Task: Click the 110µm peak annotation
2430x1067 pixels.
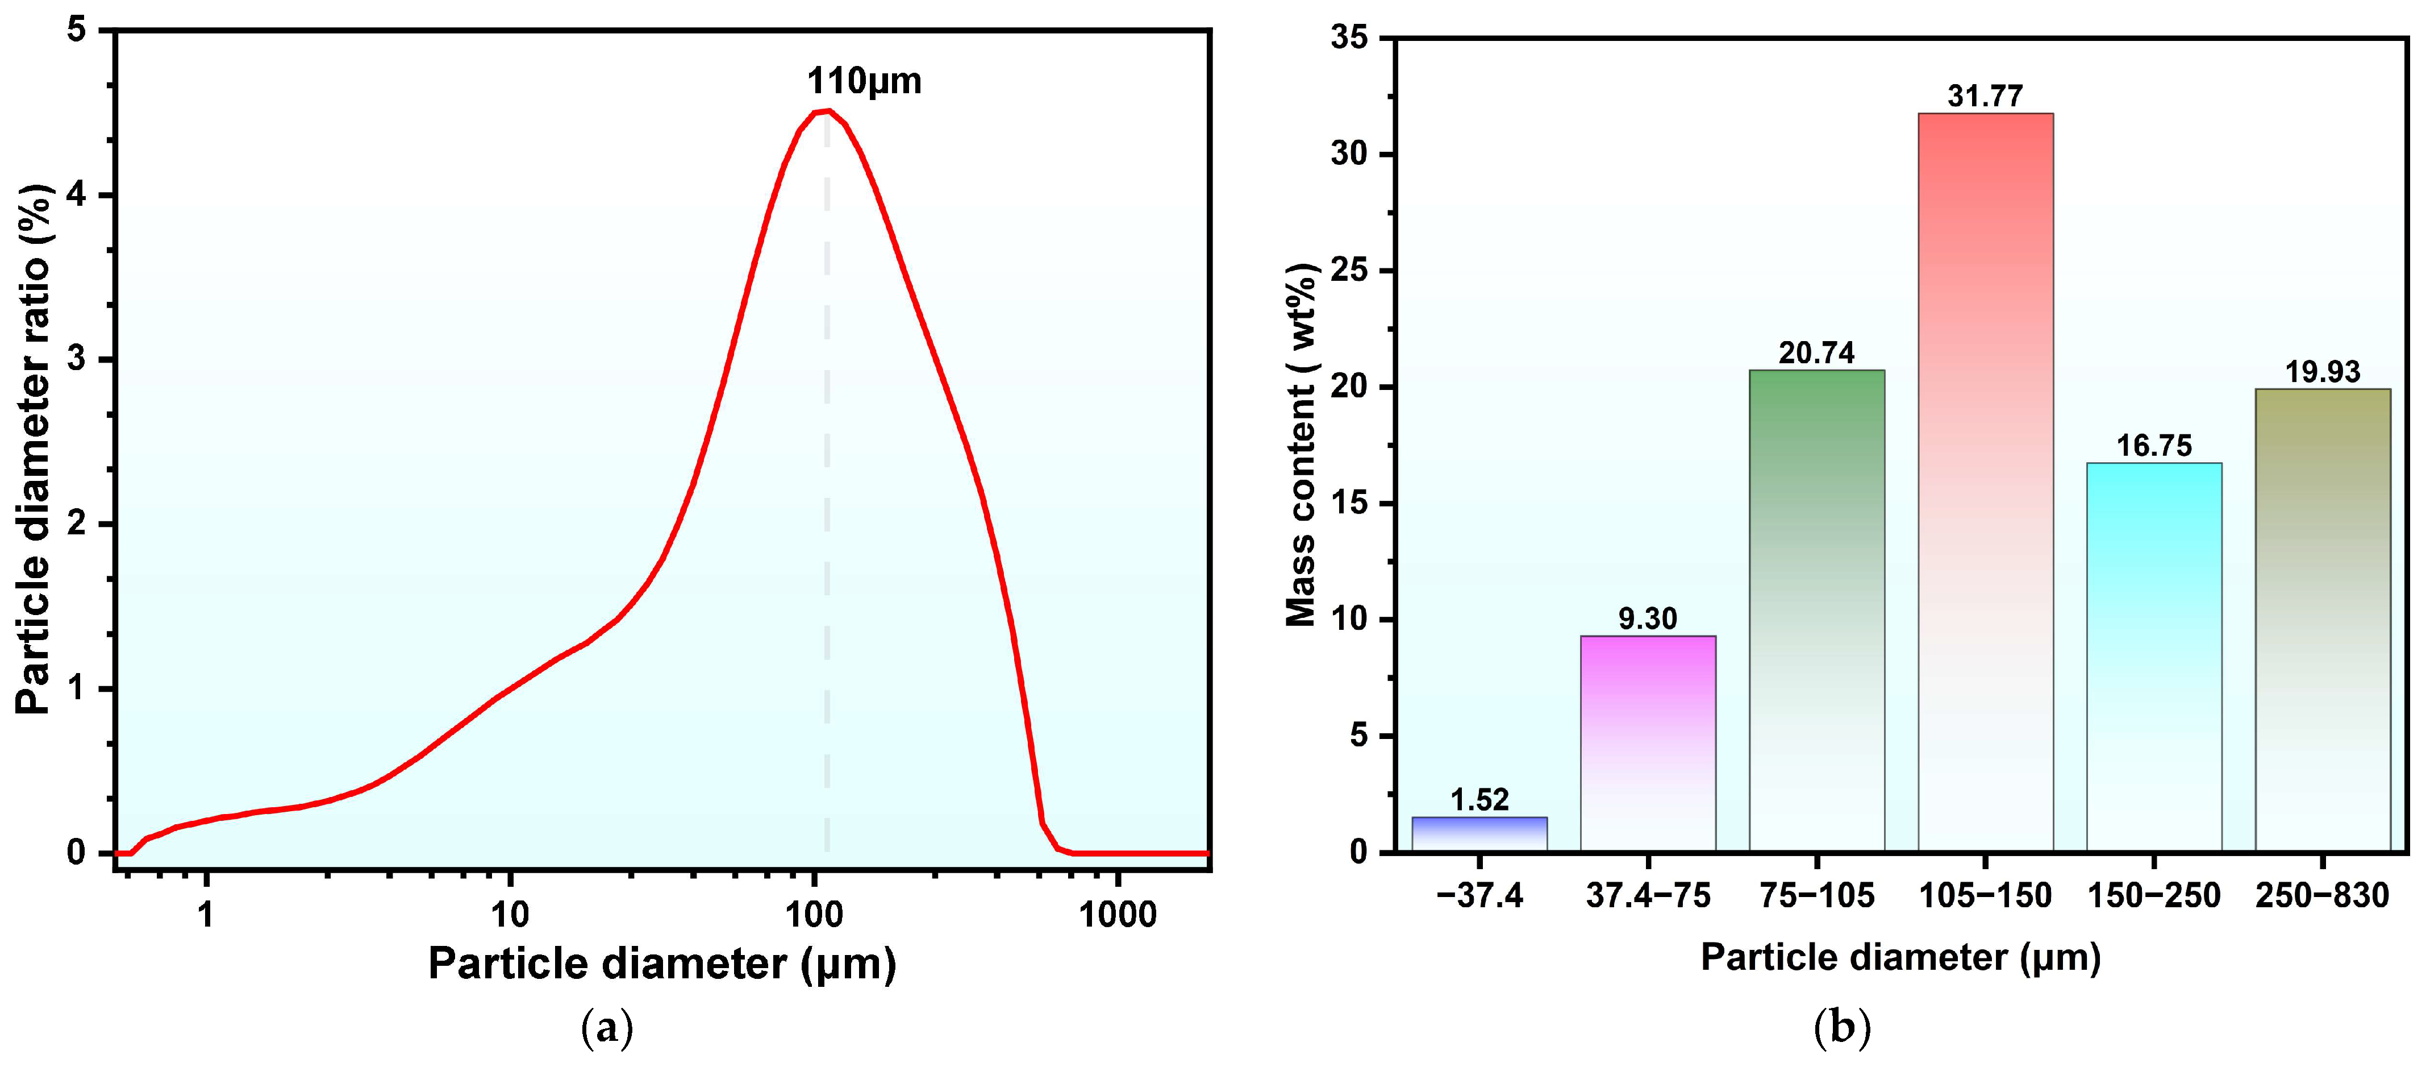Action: (864, 81)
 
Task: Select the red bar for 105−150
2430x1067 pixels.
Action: (1986, 481)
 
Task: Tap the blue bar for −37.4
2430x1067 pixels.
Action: (1479, 834)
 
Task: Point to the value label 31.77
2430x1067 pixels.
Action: (1986, 96)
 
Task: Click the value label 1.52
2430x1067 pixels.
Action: (1479, 800)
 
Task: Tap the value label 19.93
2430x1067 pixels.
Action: (2323, 372)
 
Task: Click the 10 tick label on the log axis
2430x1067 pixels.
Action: (510, 914)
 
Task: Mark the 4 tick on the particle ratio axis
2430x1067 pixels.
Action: (77, 196)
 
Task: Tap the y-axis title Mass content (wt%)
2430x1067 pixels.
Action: (1302, 445)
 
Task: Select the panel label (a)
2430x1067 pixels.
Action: (607, 1027)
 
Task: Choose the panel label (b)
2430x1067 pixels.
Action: (1843, 1027)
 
